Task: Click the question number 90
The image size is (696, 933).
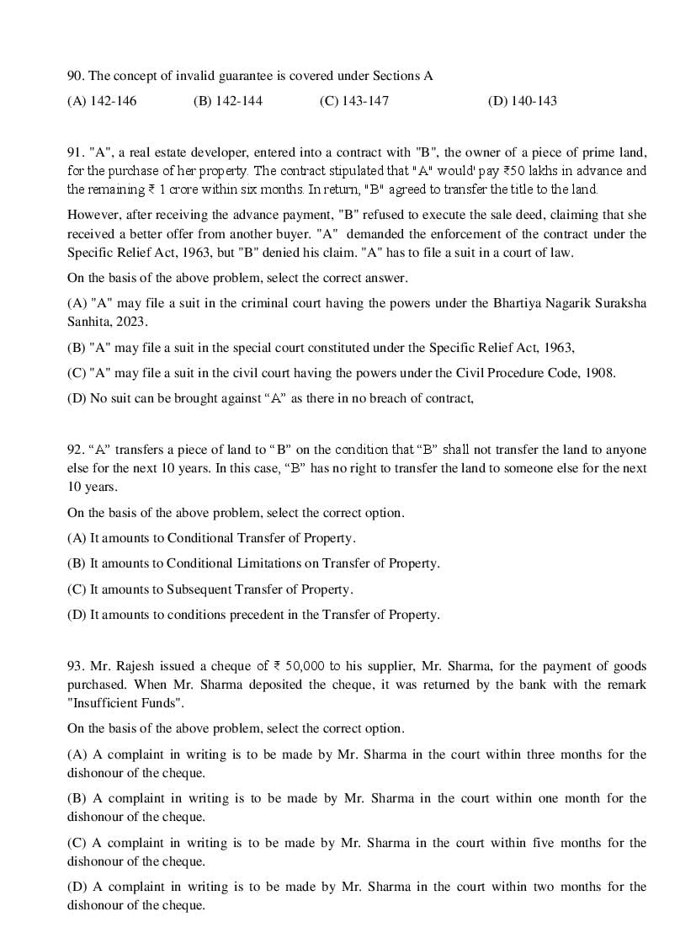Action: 75,76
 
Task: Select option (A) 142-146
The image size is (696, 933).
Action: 102,101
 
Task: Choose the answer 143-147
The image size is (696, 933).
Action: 354,101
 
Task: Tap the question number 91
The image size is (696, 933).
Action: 75,152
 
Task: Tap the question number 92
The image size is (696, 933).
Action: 75,450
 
